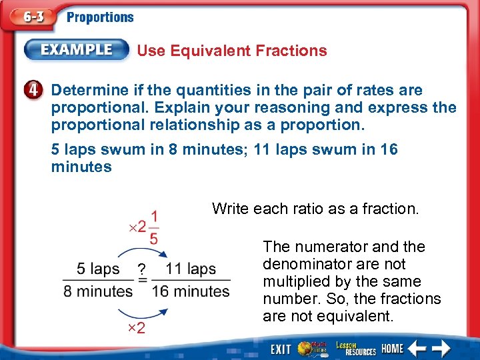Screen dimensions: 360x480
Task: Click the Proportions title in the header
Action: [100, 18]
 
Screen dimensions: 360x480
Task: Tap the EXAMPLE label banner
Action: [77, 50]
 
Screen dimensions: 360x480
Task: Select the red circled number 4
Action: [37, 90]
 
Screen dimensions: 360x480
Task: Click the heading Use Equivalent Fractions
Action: [232, 51]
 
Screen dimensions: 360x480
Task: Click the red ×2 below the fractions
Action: [136, 328]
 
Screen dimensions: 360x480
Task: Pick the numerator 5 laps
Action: [98, 269]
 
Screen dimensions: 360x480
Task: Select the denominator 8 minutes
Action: [98, 291]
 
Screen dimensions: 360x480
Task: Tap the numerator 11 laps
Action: [191, 269]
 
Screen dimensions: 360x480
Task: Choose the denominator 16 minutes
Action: [191, 291]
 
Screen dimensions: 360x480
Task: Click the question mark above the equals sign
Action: [141, 269]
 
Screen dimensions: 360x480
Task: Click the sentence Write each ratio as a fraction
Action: [315, 209]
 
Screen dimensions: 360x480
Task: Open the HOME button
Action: [393, 349]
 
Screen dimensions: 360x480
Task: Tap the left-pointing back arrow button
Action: [418, 348]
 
